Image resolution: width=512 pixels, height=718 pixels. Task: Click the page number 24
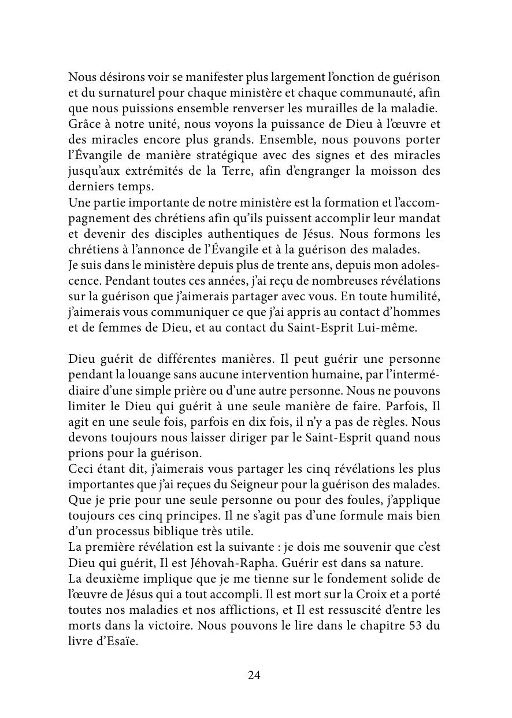tap(254, 675)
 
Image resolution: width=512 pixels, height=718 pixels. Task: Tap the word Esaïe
tap(121, 642)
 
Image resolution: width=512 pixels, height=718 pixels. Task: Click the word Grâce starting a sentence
tap(83, 124)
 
